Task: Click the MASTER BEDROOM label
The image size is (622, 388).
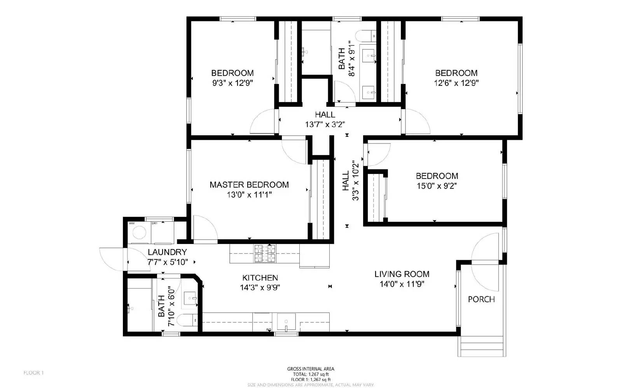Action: [249, 185]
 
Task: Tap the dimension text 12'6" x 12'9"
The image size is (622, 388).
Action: [456, 83]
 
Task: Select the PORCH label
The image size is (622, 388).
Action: [481, 299]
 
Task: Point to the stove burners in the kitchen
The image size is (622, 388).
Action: [265, 253]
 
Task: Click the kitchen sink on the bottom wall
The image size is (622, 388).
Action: [286, 322]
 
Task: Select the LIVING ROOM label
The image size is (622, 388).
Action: [402, 274]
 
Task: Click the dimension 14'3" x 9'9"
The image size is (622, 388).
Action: [260, 288]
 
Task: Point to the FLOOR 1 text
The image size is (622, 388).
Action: [34, 373]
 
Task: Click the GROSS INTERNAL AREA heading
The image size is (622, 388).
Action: [311, 369]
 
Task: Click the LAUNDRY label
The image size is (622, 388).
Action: [167, 252]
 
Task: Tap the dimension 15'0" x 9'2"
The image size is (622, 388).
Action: [437, 186]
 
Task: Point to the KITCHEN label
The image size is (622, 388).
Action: [260, 278]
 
